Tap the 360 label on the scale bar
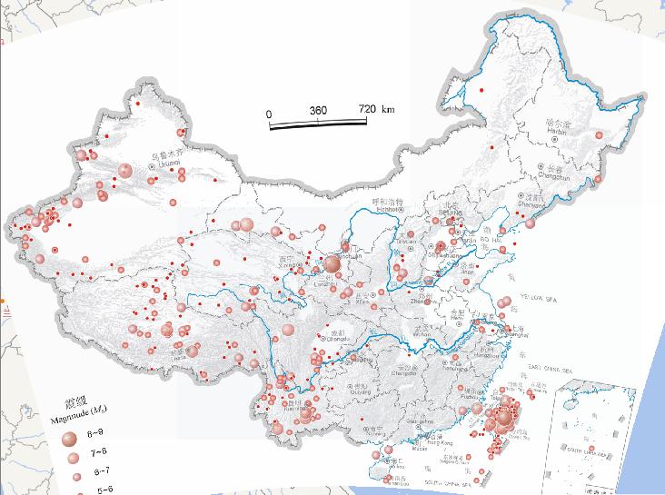(x=318, y=110)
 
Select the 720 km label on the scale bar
(x=375, y=109)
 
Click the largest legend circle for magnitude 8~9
(x=68, y=440)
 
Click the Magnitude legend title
(x=77, y=417)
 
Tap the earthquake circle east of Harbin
(x=600, y=134)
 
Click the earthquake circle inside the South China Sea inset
(x=592, y=450)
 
